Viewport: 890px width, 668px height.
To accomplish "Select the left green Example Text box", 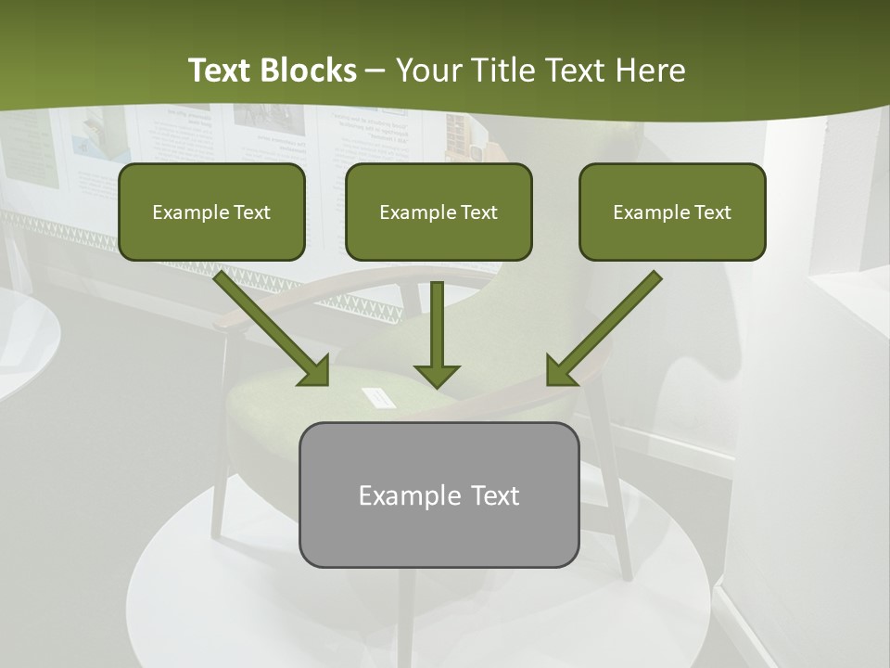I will pos(211,212).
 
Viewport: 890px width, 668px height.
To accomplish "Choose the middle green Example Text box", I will pos(439,212).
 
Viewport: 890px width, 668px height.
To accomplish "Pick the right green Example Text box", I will pos(672,212).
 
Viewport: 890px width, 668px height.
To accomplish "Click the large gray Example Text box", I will pos(439,495).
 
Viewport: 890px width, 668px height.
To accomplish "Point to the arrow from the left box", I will pos(269,325).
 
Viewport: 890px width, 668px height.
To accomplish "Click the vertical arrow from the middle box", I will pos(437,325).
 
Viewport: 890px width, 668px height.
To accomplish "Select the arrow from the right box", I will pos(607,325).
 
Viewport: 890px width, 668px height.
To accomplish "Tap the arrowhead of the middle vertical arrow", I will pos(437,375).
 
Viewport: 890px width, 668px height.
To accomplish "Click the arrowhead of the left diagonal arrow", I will pos(315,371).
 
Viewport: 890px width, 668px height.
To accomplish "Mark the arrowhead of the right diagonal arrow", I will pos(560,371).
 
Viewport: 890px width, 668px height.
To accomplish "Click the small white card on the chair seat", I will pos(378,397).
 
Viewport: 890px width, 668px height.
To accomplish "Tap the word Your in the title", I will pos(432,71).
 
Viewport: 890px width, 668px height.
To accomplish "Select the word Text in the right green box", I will pos(712,212).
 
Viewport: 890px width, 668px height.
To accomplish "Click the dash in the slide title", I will pos(376,71).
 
